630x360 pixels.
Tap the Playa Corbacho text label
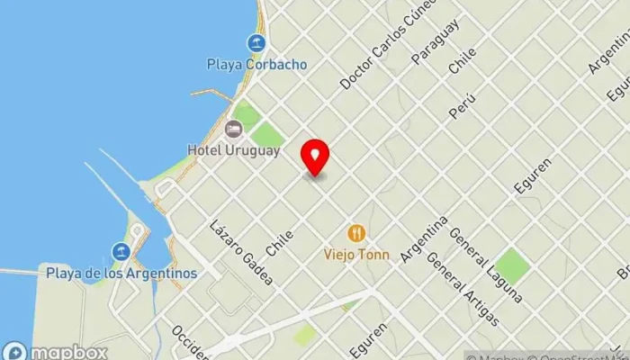[x=256, y=65]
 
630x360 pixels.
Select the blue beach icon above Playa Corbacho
[x=256, y=43]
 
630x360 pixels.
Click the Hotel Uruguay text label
[x=233, y=149]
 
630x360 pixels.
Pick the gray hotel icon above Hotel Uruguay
[x=233, y=128]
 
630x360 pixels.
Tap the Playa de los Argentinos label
[x=121, y=273]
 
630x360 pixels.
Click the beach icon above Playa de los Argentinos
[x=121, y=251]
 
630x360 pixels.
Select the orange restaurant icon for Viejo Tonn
[x=357, y=233]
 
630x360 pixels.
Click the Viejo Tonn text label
[x=357, y=255]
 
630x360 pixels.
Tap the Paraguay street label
[x=435, y=41]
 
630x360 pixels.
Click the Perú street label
[x=462, y=107]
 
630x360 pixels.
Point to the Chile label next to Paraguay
[x=462, y=60]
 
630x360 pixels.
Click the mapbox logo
[x=56, y=352]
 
